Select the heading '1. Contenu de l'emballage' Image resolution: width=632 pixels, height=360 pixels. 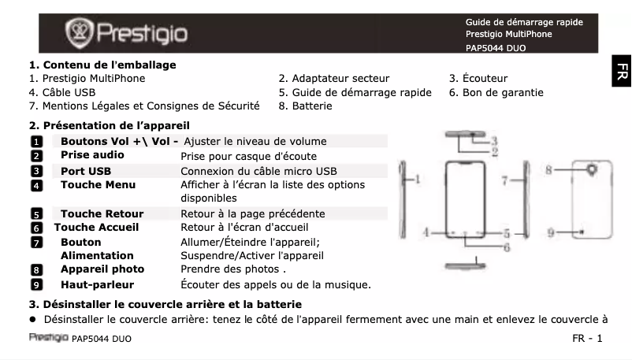(x=102, y=65)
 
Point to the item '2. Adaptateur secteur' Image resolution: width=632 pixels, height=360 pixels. (x=333, y=78)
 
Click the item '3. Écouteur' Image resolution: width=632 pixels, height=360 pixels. (x=478, y=78)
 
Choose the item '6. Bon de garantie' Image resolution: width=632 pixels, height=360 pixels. (x=496, y=92)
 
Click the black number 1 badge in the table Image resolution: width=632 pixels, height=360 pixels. (x=35, y=142)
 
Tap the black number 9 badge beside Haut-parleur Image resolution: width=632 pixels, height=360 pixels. (x=35, y=284)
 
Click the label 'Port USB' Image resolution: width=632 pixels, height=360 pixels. (x=87, y=171)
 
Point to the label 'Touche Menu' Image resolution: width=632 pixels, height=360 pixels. (x=98, y=184)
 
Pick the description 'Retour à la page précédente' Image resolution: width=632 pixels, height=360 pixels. (x=252, y=213)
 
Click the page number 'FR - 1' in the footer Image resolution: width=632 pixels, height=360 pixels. (x=587, y=339)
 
